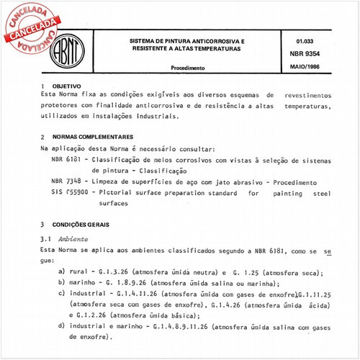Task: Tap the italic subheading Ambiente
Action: pos(74,238)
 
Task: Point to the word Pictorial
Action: pos(112,194)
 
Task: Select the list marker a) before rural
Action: pos(61,271)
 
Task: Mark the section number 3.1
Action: pos(45,238)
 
